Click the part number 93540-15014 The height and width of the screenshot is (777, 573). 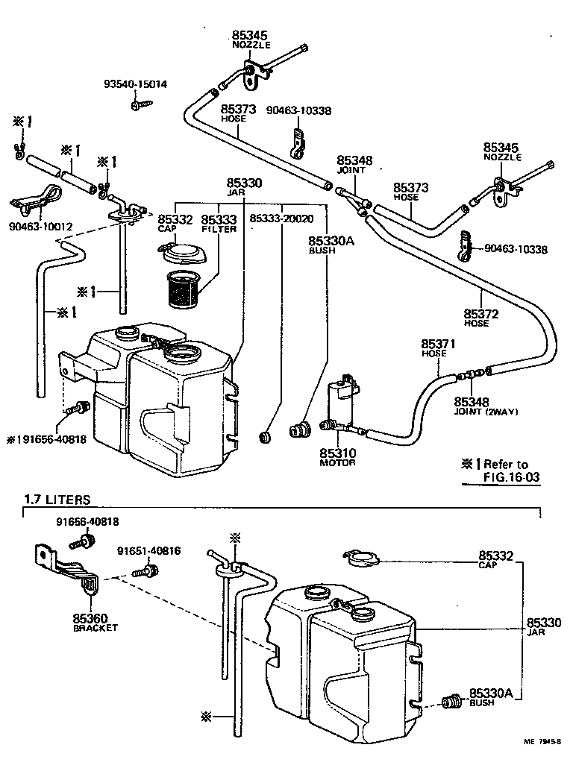(x=135, y=84)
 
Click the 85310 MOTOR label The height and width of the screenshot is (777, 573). (x=338, y=457)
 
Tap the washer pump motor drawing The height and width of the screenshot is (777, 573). (x=342, y=403)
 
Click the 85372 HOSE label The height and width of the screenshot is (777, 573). (x=480, y=318)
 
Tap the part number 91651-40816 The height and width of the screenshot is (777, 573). (x=148, y=551)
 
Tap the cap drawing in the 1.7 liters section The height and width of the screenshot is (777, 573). (x=363, y=556)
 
